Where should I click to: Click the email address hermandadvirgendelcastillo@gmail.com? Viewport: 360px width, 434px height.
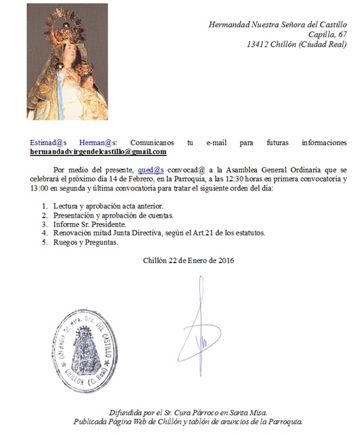pos(88,152)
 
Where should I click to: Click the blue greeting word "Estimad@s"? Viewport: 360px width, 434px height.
pos(52,142)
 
